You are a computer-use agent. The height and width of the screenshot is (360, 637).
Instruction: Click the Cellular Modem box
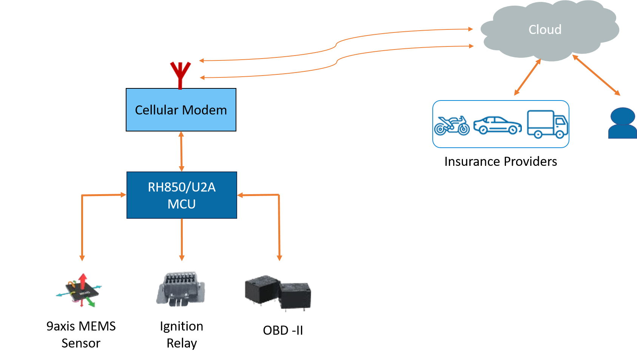coord(181,110)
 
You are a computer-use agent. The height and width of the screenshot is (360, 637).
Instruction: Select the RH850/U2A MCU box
coord(182,195)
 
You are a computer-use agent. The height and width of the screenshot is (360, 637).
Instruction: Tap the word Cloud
coord(544,29)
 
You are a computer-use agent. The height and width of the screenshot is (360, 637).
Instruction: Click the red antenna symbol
coord(180,74)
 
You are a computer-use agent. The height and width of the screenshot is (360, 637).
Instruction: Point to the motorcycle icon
coord(452,125)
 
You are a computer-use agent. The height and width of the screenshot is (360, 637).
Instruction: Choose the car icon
coord(497,125)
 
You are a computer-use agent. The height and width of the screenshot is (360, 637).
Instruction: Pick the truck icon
coord(547,124)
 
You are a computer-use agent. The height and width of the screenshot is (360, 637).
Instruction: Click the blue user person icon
coord(622,123)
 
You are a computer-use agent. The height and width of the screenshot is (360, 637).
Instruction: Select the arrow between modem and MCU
coord(181,151)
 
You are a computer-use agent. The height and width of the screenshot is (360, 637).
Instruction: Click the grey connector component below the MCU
coord(180,289)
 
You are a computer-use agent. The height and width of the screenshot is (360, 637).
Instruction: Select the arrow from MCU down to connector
coord(182,239)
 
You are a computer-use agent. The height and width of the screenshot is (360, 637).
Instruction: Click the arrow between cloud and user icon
coord(596,75)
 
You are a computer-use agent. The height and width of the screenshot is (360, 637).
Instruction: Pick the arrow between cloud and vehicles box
coord(527,77)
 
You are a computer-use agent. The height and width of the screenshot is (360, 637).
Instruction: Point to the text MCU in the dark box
coord(182,204)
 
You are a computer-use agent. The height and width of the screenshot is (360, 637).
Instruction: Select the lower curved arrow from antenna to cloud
coord(336,62)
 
